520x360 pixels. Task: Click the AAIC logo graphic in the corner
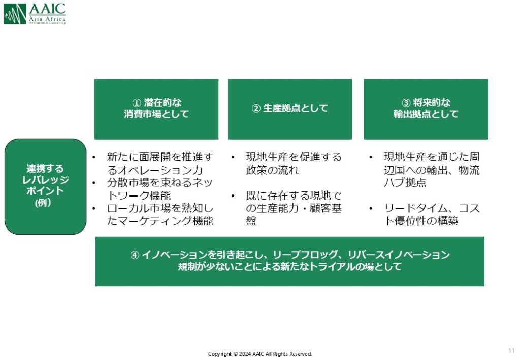(x=15, y=14)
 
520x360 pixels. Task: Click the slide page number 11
(x=511, y=351)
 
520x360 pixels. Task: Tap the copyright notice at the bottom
(x=260, y=354)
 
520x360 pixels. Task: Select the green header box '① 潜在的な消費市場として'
(x=156, y=109)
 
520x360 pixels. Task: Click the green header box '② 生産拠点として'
(x=289, y=109)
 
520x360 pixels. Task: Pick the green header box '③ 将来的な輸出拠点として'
(x=426, y=109)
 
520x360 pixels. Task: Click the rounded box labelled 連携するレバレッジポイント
(x=46, y=186)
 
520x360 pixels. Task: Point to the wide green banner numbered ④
(x=289, y=261)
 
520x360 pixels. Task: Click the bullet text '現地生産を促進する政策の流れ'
(x=294, y=163)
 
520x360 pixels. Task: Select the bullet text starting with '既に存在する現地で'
(x=294, y=208)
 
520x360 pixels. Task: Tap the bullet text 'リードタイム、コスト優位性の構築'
(x=431, y=215)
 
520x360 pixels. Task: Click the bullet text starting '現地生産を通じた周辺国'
(x=431, y=170)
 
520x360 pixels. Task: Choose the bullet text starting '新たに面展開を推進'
(x=159, y=163)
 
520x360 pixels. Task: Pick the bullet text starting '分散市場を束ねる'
(x=159, y=189)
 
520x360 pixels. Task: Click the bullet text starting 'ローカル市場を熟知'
(x=159, y=215)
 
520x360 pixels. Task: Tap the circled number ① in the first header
(x=136, y=103)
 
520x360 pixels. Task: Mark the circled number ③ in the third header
(x=406, y=103)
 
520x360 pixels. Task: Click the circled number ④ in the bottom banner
(x=135, y=255)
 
